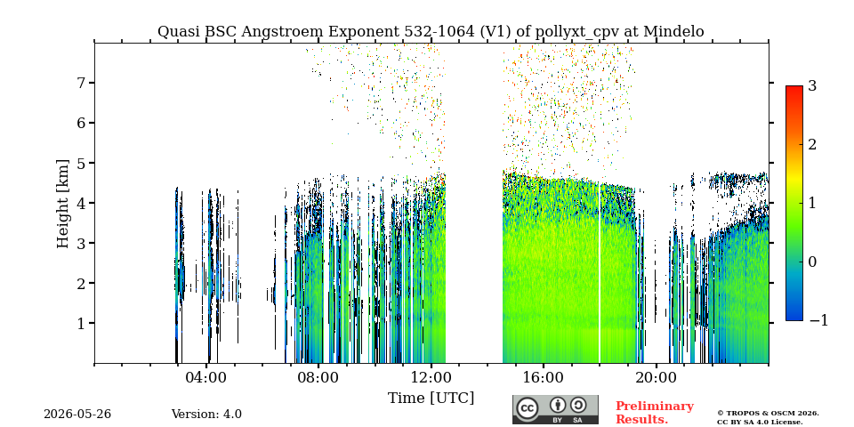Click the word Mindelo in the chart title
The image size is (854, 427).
click(673, 32)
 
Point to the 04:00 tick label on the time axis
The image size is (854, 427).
click(206, 377)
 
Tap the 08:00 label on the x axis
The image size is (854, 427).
click(318, 377)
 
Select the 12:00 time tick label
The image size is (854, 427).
click(431, 377)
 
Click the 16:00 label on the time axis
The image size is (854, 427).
click(543, 377)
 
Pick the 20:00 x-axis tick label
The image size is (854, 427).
click(656, 377)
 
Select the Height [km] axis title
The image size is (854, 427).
click(63, 204)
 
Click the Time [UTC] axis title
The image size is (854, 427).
click(431, 399)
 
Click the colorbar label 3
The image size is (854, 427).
click(812, 85)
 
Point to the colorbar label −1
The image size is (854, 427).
click(818, 321)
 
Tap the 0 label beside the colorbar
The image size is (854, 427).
click(812, 262)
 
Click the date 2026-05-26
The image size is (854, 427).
click(77, 415)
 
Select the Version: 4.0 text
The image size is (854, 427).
click(206, 415)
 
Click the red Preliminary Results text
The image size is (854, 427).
click(655, 413)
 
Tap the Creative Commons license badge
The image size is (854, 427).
click(555, 409)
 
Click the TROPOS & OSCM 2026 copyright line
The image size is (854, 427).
click(768, 414)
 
